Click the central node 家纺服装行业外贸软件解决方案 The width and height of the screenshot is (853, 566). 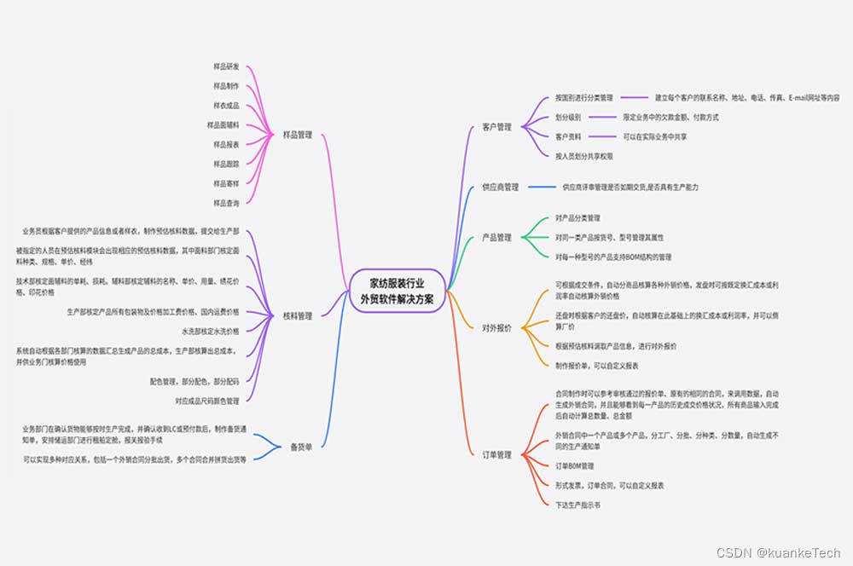tap(397, 291)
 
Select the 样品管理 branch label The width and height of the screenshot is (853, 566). tap(298, 135)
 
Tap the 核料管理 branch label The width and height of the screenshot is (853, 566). tap(298, 315)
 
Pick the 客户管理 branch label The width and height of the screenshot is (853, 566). tap(496, 127)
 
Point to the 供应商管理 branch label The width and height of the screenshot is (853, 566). tap(500, 187)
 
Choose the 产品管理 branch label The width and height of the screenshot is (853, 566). tap(496, 237)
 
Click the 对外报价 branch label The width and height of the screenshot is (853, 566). tap(496, 327)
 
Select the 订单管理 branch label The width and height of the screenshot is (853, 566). tap(496, 454)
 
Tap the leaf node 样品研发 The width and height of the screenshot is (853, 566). tap(226, 66)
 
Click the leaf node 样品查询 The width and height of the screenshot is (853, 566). tap(226, 203)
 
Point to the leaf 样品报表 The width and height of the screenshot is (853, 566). tap(226, 144)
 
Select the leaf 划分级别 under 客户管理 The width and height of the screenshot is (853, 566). tap(568, 117)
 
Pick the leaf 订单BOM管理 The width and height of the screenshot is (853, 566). tap(574, 466)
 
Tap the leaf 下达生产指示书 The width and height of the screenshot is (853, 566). tap(577, 505)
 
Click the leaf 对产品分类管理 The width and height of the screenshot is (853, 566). tap(577, 218)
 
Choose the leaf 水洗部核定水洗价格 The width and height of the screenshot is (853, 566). tap(210, 330)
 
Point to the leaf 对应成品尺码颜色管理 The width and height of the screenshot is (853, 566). tap(206, 400)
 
